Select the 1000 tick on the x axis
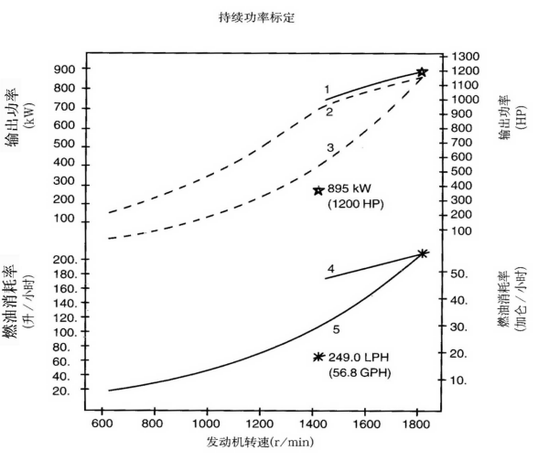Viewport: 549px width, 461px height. point(208,423)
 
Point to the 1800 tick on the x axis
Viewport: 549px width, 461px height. point(418,423)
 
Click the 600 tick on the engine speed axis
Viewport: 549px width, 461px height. point(102,423)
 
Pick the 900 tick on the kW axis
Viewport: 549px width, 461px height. point(64,70)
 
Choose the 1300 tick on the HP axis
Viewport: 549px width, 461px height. point(465,56)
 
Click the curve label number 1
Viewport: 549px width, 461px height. point(327,90)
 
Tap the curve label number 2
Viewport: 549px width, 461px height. point(329,112)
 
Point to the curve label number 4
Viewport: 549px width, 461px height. point(330,269)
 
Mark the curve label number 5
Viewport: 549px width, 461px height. point(336,329)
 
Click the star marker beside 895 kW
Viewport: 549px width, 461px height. point(318,190)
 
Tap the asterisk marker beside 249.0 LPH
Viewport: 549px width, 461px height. point(318,357)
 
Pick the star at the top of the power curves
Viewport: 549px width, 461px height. point(422,72)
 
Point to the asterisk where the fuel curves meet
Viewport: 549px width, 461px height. point(422,253)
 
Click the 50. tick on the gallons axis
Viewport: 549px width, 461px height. point(459,273)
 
